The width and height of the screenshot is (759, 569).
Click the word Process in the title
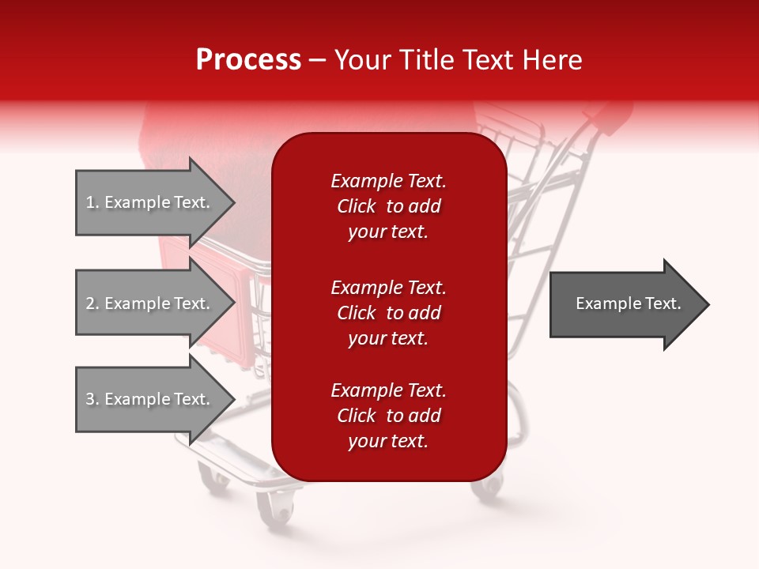tap(248, 60)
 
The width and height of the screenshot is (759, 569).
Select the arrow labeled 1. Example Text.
tap(150, 202)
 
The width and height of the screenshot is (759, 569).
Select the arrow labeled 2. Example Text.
tap(150, 303)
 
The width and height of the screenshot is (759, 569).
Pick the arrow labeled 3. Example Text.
tap(150, 399)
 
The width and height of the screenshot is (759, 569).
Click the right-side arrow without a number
tap(625, 304)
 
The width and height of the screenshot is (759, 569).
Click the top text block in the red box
tap(388, 206)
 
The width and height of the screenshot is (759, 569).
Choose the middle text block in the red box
tap(388, 313)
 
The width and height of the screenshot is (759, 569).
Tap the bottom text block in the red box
tap(388, 416)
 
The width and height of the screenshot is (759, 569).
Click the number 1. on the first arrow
tap(93, 202)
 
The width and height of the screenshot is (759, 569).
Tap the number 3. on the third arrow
tap(93, 399)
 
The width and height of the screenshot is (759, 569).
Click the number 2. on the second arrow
tap(93, 303)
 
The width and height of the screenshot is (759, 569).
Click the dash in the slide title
tap(318, 60)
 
